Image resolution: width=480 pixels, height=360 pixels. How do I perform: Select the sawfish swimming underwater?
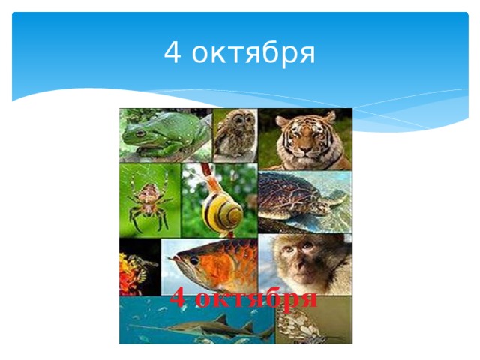pos(202,328)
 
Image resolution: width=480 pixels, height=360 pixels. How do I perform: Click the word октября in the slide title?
pos(251,54)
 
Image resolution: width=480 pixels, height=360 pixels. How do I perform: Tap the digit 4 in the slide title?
pos(172,54)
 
